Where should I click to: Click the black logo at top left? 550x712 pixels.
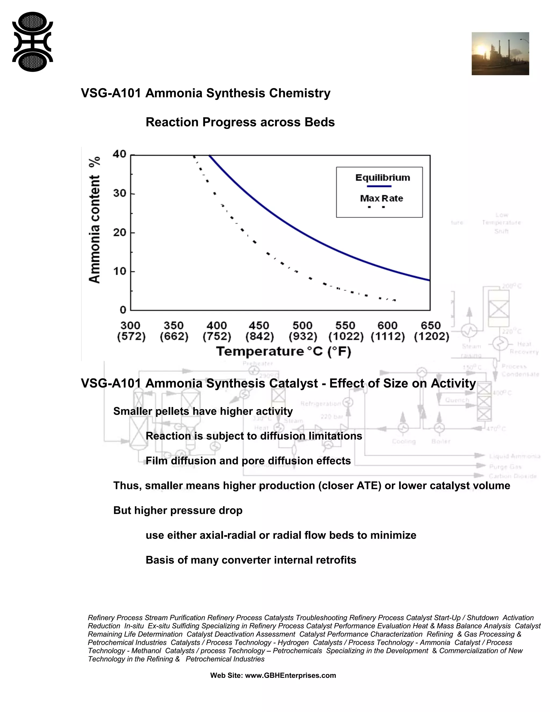(32, 42)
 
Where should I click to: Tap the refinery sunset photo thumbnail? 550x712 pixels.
(500, 53)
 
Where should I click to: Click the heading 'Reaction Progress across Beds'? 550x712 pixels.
(240, 122)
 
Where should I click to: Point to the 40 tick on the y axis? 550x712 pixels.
(120, 154)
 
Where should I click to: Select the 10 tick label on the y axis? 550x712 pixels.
(120, 271)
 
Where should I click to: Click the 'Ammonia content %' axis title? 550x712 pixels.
(95, 220)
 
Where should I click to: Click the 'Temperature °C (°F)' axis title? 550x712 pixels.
(284, 351)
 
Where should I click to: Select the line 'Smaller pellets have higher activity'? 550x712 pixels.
(203, 411)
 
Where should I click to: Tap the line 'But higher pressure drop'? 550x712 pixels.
(178, 510)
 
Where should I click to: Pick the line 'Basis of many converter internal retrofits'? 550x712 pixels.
(251, 560)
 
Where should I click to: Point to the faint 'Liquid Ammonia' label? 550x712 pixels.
(514, 456)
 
